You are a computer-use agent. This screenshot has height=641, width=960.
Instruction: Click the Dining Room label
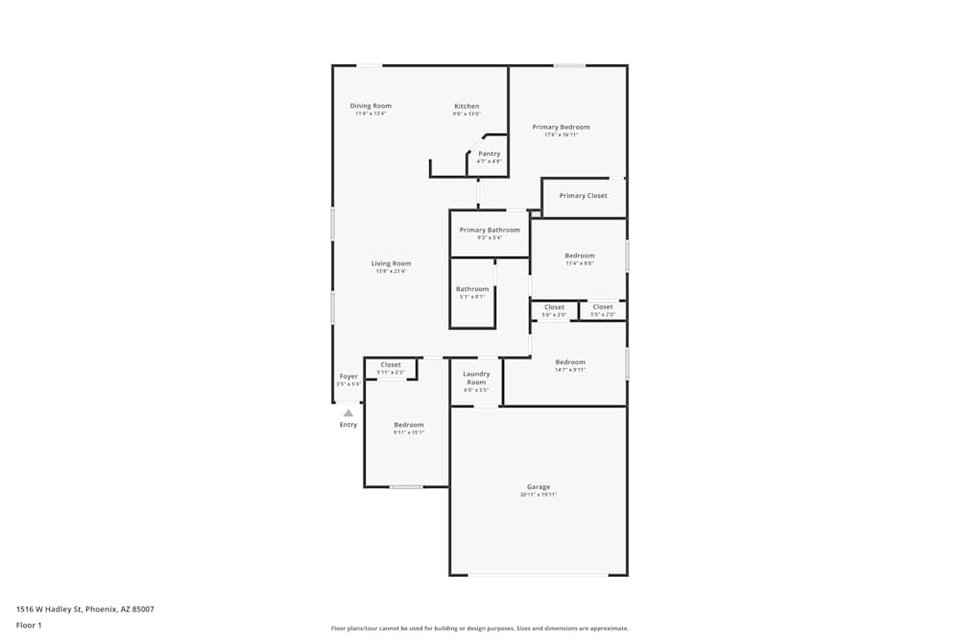(x=371, y=106)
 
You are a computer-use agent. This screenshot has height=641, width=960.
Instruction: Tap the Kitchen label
(x=467, y=106)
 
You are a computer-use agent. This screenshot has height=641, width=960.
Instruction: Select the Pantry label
(x=490, y=154)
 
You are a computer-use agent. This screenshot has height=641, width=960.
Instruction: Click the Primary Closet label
(x=584, y=196)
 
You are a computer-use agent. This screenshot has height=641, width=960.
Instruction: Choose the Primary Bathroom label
(x=490, y=230)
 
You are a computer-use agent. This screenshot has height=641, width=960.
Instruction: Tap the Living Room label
(x=392, y=263)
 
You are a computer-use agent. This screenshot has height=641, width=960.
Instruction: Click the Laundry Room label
(x=476, y=378)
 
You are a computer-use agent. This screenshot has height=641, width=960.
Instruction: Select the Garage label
(x=539, y=487)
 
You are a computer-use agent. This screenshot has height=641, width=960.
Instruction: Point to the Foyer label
(x=348, y=377)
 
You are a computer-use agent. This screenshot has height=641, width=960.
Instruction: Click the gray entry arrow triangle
(x=348, y=413)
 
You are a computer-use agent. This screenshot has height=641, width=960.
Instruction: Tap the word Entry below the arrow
(x=348, y=425)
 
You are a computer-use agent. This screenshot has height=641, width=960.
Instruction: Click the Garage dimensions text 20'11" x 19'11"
(x=539, y=495)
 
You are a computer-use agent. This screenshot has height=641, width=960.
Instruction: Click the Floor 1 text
(x=29, y=626)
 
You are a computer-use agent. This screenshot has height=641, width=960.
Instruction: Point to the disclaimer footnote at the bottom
(x=480, y=629)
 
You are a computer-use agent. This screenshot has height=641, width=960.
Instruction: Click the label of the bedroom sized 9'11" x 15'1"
(x=409, y=425)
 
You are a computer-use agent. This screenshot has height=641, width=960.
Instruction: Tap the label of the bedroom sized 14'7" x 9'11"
(x=570, y=362)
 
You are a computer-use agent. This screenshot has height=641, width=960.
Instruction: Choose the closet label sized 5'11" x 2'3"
(x=391, y=365)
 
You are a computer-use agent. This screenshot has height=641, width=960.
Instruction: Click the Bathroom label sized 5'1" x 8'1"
(x=472, y=289)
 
